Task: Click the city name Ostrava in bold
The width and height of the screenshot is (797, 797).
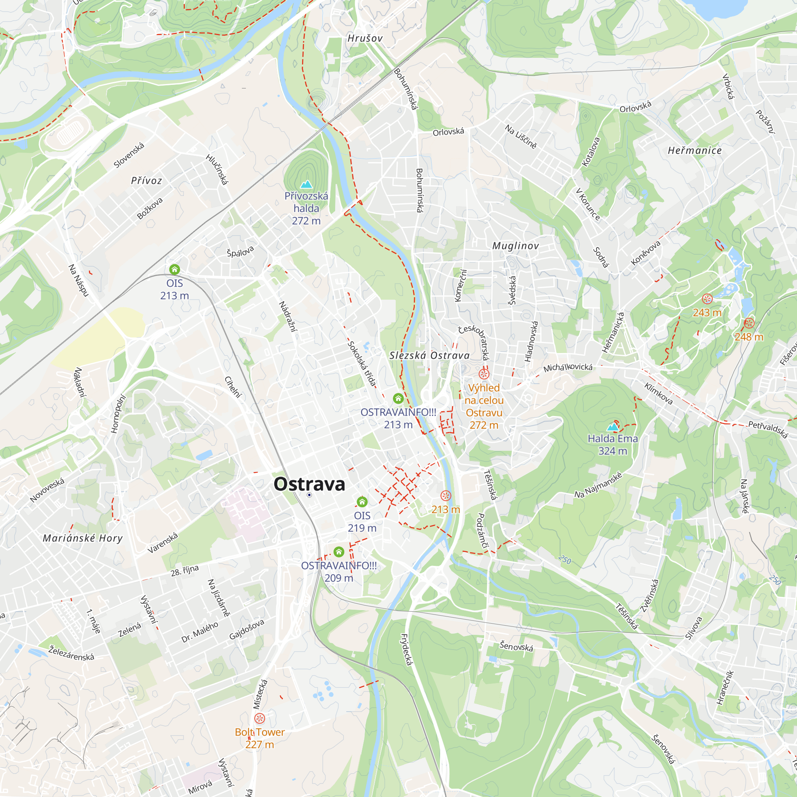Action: pyautogui.click(x=309, y=484)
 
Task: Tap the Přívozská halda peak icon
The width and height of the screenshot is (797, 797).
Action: pyautogui.click(x=306, y=184)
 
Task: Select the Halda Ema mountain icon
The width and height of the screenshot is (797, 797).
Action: pyautogui.click(x=612, y=426)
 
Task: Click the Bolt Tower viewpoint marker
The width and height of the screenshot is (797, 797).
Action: pyautogui.click(x=259, y=718)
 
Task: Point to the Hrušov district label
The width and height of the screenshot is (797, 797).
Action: pyautogui.click(x=365, y=38)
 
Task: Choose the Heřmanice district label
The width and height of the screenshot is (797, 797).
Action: pyautogui.click(x=695, y=151)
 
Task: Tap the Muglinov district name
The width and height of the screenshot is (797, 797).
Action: pyautogui.click(x=516, y=246)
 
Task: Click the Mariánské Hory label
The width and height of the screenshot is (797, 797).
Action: pyautogui.click(x=83, y=538)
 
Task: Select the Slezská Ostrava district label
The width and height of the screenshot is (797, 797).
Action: pyautogui.click(x=430, y=355)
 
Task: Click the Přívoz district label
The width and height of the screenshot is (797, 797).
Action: pyautogui.click(x=146, y=181)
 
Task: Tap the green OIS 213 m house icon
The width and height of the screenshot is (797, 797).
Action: pyautogui.click(x=175, y=270)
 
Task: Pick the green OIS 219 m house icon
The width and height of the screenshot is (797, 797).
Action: pyautogui.click(x=362, y=502)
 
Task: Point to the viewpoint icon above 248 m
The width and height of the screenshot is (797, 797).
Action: pyautogui.click(x=749, y=324)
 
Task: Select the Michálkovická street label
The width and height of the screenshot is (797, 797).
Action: pyautogui.click(x=567, y=367)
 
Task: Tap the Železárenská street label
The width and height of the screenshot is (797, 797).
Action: pyautogui.click(x=71, y=654)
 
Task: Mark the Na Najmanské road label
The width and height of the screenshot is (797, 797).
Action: pyautogui.click(x=598, y=485)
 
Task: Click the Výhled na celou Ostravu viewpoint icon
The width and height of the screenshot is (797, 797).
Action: pyautogui.click(x=484, y=374)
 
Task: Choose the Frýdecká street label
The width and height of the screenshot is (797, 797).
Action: pyautogui.click(x=406, y=649)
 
